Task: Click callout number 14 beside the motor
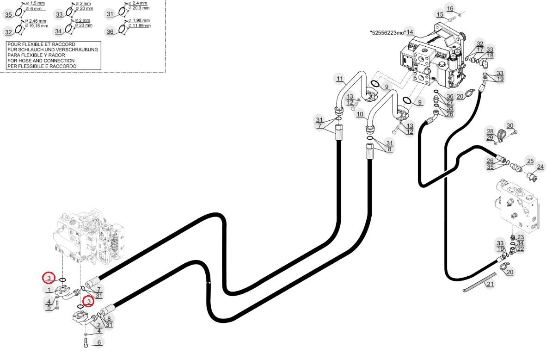[410, 32]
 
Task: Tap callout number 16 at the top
[450, 9]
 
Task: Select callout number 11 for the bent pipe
[340, 79]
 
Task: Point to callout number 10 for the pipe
[360, 114]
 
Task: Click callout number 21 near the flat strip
[490, 285]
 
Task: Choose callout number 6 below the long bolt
[99, 342]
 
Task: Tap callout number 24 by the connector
[540, 167]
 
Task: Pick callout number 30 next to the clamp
[510, 126]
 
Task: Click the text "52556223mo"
[387, 33]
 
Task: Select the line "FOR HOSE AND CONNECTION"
[41, 61]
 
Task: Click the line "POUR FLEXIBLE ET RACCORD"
[41, 44]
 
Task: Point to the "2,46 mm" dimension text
[37, 21]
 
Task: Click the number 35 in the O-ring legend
[8, 15]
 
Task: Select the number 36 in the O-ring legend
[110, 32]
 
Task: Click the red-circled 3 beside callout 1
[49, 278]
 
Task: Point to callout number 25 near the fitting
[530, 161]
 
